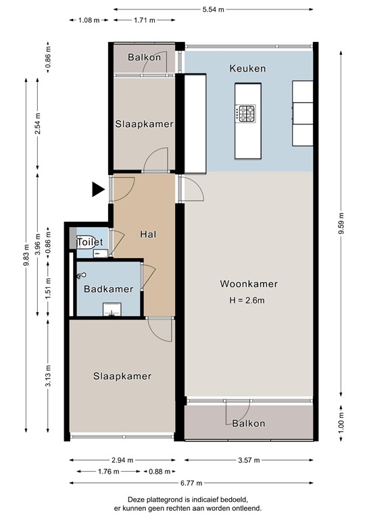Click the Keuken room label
247,69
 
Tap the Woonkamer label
249,284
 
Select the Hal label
149,234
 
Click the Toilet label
90,242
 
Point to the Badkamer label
108,289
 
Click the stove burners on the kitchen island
246,112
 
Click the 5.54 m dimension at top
213,9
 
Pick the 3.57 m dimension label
249,460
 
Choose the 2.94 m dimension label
122,460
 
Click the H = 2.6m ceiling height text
249,300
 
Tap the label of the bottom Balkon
248,424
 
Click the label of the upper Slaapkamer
144,124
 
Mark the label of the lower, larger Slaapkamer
122,376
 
